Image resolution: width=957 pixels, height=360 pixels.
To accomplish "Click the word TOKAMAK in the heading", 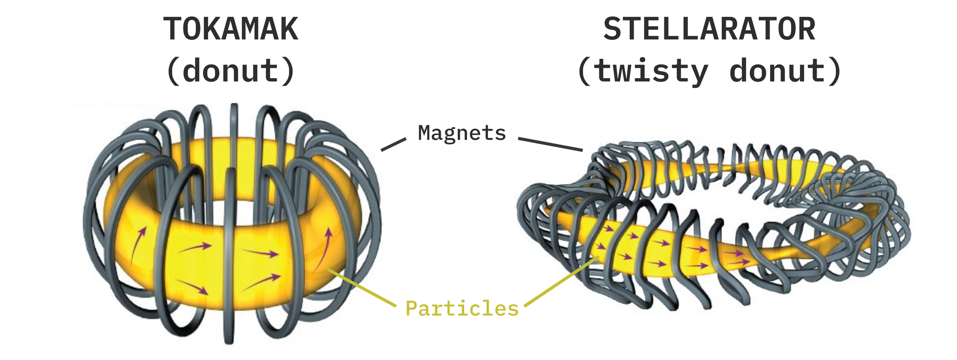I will pos(231,29).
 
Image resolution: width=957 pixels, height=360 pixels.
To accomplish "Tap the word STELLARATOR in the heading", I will pos(709,29).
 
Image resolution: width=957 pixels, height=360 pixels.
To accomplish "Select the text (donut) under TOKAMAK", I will pos(230,71).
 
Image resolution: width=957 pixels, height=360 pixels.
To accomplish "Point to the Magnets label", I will pos(462,133).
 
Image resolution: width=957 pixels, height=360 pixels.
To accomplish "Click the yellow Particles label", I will pos(462,309).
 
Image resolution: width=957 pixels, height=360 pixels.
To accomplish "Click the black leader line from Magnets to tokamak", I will pos(393,144).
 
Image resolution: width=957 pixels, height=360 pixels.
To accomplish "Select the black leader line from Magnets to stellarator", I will pos(550,144).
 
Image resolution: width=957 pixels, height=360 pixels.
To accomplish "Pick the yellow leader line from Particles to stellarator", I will pos(561,281).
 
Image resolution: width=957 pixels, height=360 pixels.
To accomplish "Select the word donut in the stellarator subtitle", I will pos(777,71).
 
